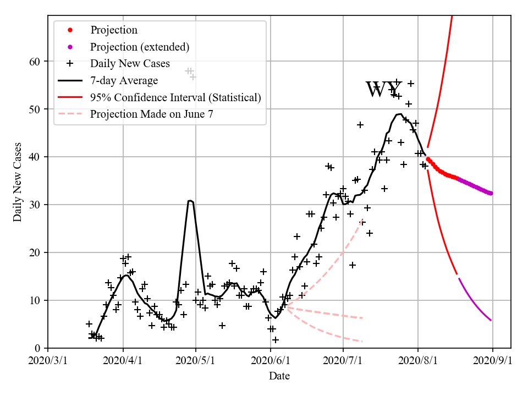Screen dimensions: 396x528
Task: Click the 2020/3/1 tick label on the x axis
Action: (x=48, y=361)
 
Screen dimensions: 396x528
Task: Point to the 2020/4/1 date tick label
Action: (x=123, y=361)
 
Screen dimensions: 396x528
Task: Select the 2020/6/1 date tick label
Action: (x=271, y=361)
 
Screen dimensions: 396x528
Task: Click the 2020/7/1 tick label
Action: (x=344, y=361)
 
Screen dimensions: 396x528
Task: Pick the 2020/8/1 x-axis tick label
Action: (x=418, y=361)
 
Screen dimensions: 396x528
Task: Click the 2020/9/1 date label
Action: (x=493, y=361)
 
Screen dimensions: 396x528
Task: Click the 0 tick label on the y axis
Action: (x=38, y=348)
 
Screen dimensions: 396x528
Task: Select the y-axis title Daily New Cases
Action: (x=18, y=182)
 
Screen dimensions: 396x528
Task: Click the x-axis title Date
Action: (x=279, y=377)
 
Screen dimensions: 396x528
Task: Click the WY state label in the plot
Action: (x=384, y=90)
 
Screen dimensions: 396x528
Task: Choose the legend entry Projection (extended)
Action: (x=140, y=47)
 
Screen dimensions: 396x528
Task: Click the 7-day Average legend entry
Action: (x=124, y=80)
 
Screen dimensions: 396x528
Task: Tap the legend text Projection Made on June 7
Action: (x=151, y=114)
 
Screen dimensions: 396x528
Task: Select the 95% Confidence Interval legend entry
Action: (x=175, y=97)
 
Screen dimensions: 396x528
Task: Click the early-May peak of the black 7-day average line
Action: (x=190, y=201)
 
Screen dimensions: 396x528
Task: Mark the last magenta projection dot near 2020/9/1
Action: (x=491, y=193)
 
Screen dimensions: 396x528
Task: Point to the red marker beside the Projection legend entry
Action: (x=70, y=30)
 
